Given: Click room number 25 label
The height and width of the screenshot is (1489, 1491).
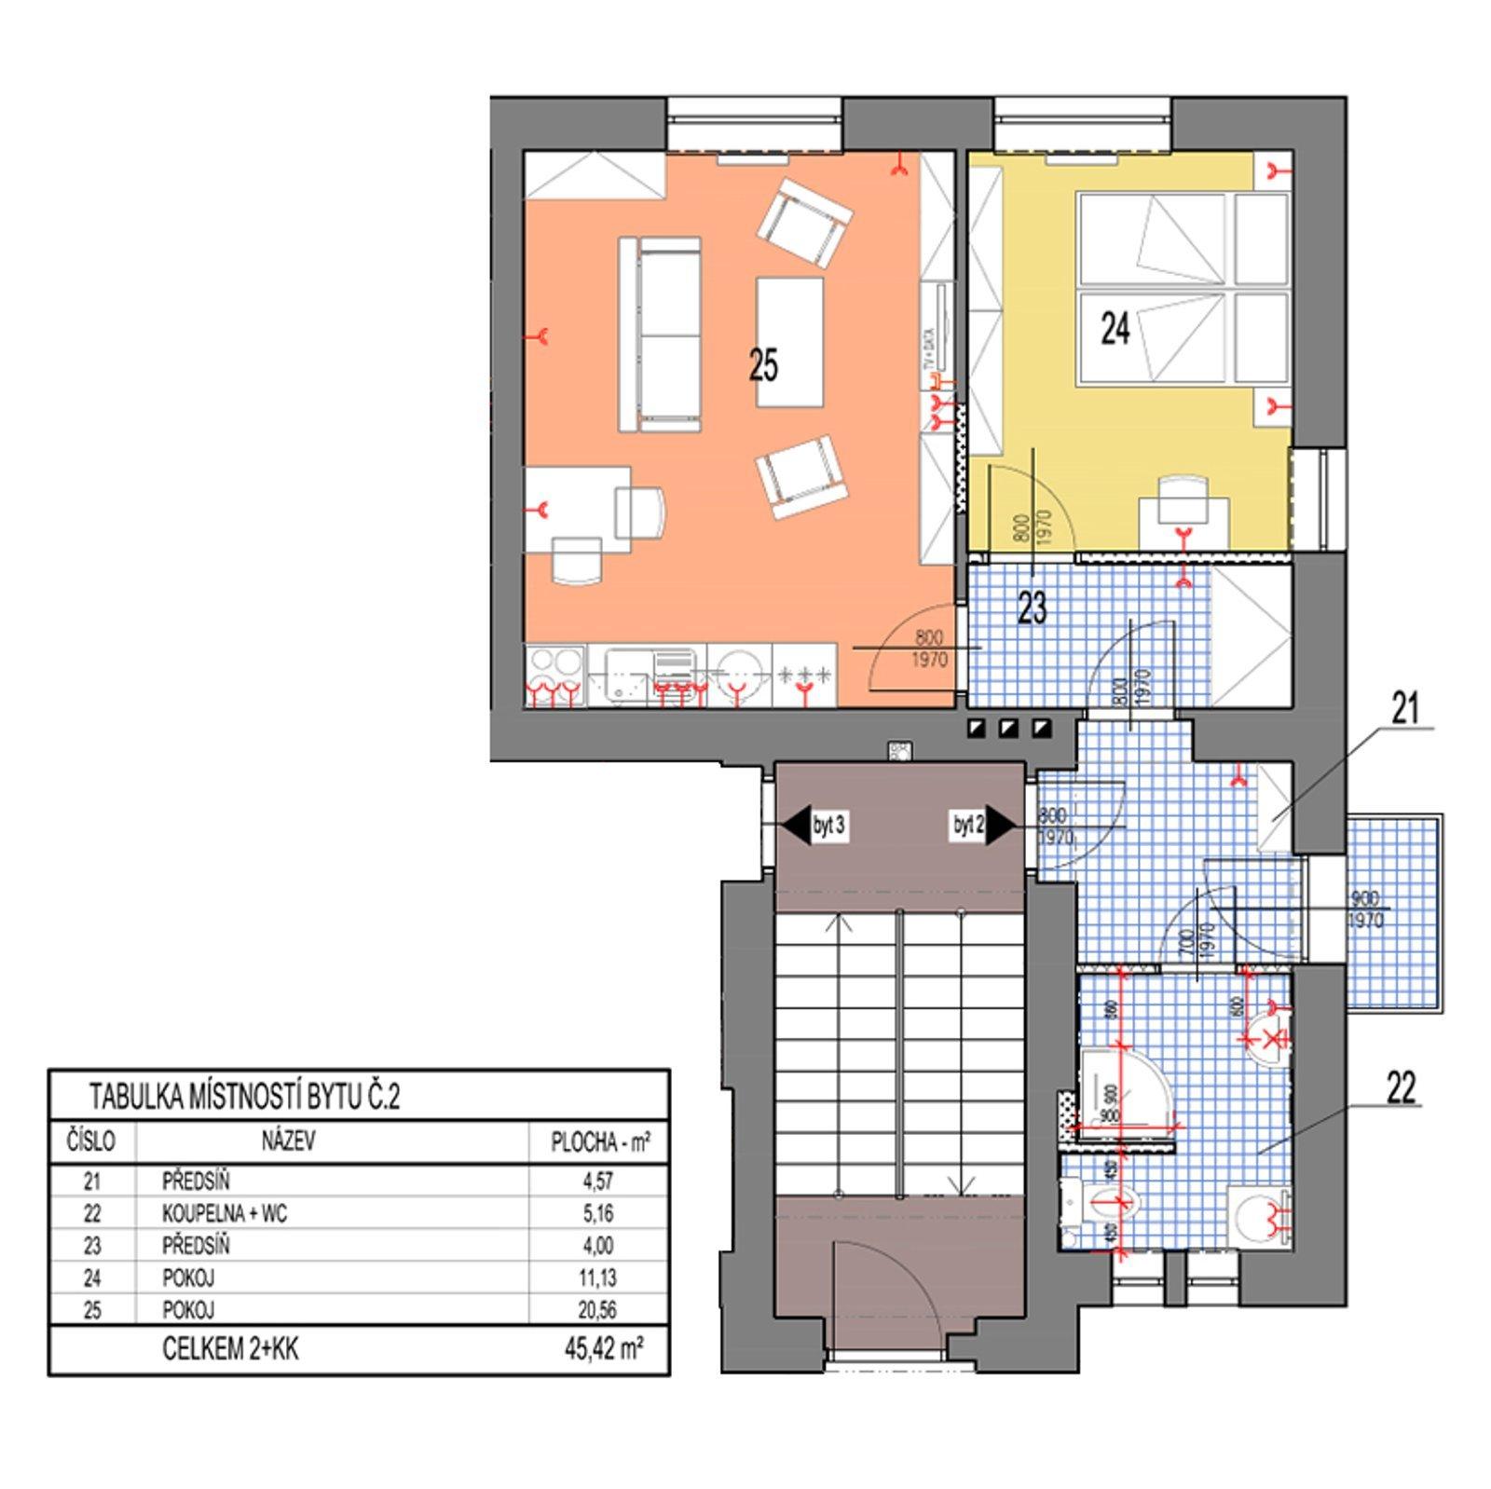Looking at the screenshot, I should pyautogui.click(x=762, y=365).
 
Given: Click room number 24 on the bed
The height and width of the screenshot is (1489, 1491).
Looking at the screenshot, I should pyautogui.click(x=1115, y=328).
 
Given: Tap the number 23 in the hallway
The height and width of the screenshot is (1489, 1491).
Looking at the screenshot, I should pyautogui.click(x=1032, y=608).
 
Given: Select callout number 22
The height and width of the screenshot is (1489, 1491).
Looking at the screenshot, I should pyautogui.click(x=1401, y=1087).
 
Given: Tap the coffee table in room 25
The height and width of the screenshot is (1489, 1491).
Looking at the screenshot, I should pyautogui.click(x=789, y=341).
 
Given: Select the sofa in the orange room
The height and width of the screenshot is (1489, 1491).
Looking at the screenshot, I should pyautogui.click(x=659, y=334).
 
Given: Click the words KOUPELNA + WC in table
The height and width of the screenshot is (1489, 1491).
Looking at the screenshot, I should pyautogui.click(x=225, y=1213).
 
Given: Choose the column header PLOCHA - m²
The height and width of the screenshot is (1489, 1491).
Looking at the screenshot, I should pyautogui.click(x=599, y=1142).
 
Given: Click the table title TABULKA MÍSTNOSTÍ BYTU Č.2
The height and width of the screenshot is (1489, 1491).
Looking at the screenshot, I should pyautogui.click(x=244, y=1097).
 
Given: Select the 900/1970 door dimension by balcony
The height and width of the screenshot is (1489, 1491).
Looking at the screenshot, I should pyautogui.click(x=1365, y=909).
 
